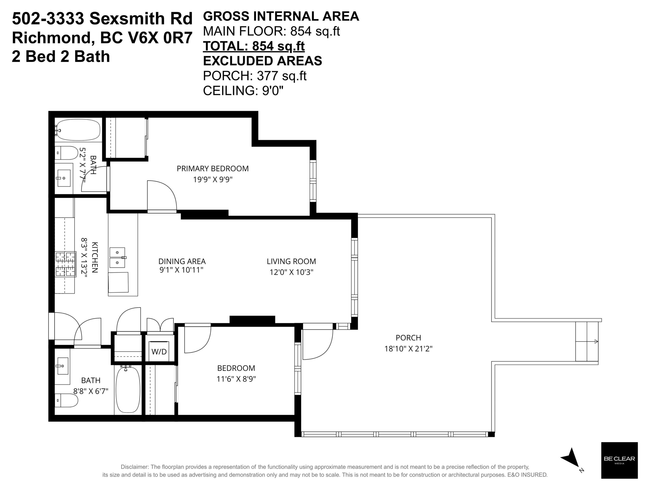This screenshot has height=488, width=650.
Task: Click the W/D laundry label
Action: coord(159,352)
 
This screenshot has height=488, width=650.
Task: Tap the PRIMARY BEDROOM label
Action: coord(213,169)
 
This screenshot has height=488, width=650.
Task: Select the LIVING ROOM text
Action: coord(291,261)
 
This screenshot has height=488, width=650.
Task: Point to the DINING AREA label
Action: coord(182,261)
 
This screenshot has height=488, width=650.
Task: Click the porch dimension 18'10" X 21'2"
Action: coord(408,349)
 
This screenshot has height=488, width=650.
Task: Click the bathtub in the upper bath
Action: coord(78,130)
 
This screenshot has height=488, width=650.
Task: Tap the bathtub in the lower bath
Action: coord(128,390)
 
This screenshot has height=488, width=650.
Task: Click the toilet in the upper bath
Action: coord(67,153)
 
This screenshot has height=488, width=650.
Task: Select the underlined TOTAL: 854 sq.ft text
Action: coord(254,46)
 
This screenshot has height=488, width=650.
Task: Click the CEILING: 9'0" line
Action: coord(243,91)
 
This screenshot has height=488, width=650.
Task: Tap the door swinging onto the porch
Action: coord(318,344)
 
